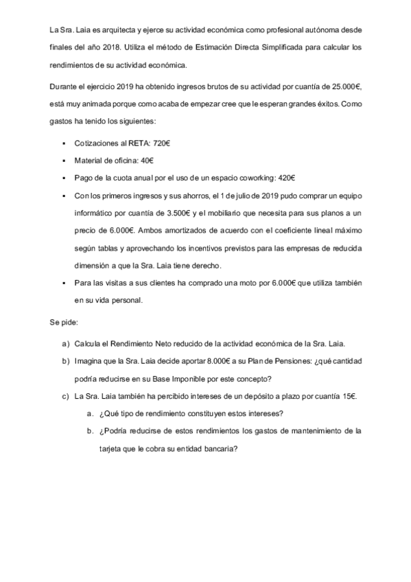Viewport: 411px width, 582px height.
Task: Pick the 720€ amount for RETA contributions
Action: (157, 143)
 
